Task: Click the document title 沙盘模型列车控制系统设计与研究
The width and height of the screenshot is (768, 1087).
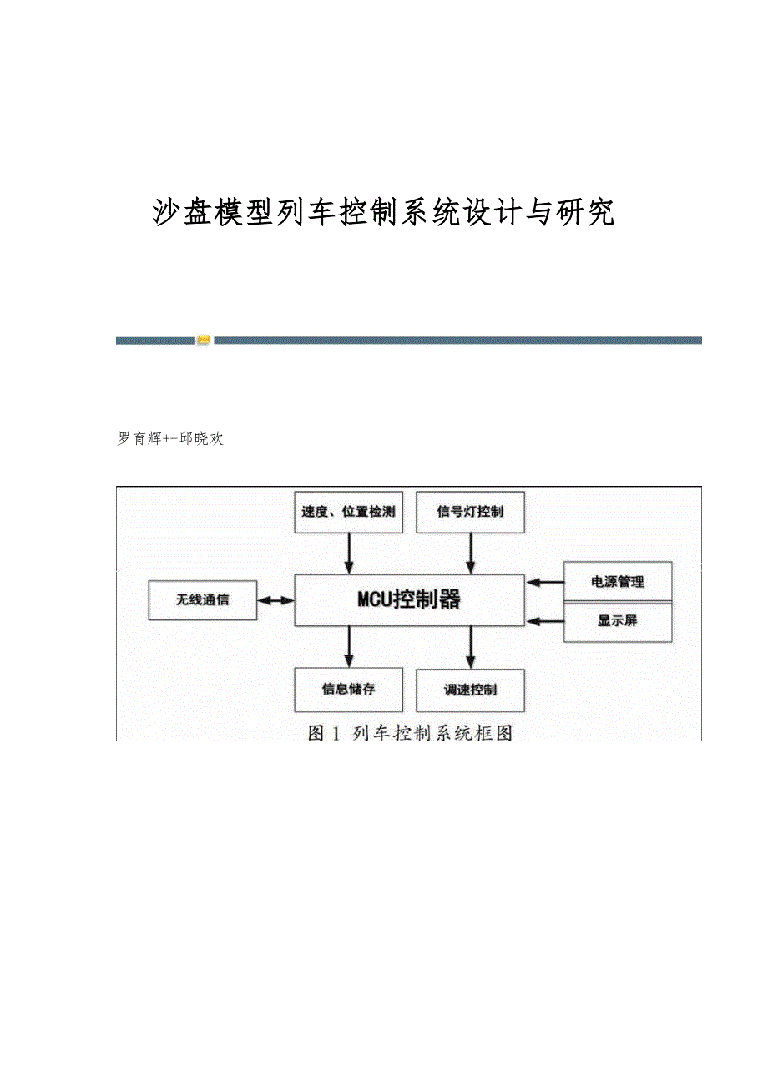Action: click(x=383, y=213)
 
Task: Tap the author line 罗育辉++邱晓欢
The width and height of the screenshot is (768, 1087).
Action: click(x=171, y=438)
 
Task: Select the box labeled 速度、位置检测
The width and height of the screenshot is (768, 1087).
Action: click(x=349, y=512)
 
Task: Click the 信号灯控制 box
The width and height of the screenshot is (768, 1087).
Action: click(x=470, y=512)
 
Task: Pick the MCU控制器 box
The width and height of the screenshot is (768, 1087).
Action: click(x=409, y=599)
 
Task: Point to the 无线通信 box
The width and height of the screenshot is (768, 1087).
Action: click(x=202, y=600)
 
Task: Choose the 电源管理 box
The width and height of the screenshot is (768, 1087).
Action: click(x=618, y=582)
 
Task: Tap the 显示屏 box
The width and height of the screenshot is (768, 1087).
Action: click(x=618, y=621)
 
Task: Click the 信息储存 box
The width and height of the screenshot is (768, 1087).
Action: click(x=349, y=690)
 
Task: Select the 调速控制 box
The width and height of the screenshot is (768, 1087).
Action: click(x=470, y=690)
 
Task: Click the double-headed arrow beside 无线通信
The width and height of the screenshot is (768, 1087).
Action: click(x=275, y=600)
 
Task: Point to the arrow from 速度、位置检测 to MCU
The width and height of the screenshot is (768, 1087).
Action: click(x=349, y=554)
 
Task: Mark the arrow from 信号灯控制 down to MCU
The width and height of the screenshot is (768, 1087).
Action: click(x=471, y=554)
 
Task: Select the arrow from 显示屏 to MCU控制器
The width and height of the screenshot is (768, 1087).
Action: click(x=544, y=621)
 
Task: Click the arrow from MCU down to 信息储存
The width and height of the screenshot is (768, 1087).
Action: click(x=349, y=646)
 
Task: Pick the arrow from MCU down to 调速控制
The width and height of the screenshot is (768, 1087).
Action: click(x=471, y=646)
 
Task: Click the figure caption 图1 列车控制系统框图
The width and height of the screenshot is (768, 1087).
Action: click(x=409, y=734)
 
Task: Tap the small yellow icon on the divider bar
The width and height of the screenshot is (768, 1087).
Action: click(x=204, y=340)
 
